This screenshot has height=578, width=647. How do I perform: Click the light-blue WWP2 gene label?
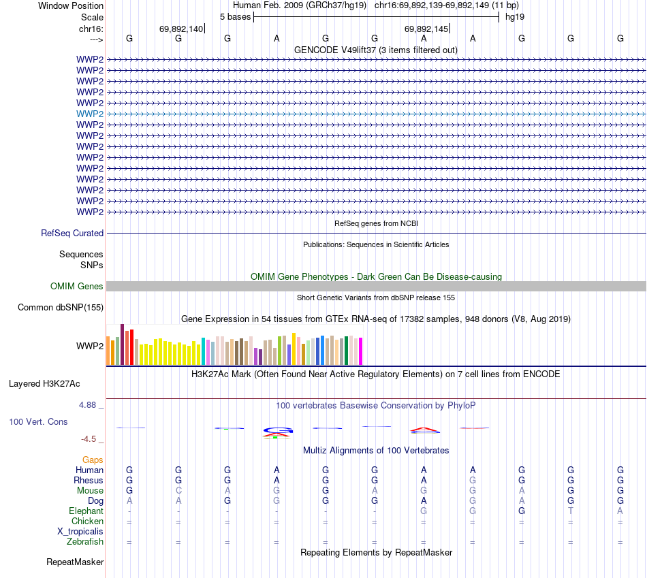pyautogui.click(x=90, y=114)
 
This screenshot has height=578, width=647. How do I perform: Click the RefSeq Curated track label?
pyautogui.click(x=72, y=233)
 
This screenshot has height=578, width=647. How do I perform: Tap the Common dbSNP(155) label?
pyautogui.click(x=61, y=308)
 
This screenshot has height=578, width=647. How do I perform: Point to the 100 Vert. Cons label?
pyautogui.click(x=38, y=422)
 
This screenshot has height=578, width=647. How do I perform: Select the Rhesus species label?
pyautogui.click(x=89, y=481)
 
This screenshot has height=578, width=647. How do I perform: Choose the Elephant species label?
pyautogui.click(x=86, y=511)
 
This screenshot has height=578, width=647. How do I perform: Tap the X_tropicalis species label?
pyautogui.click(x=80, y=532)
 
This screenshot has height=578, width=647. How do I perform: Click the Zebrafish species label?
pyautogui.click(x=85, y=542)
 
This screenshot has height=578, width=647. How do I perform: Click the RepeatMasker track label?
pyautogui.click(x=75, y=562)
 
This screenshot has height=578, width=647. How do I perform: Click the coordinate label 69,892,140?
pyautogui.click(x=181, y=29)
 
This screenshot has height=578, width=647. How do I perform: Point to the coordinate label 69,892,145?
pyautogui.click(x=426, y=29)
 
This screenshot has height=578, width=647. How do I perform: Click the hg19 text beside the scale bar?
pyautogui.click(x=514, y=16)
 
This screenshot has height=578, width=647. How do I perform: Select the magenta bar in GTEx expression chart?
pyautogui.click(x=360, y=351)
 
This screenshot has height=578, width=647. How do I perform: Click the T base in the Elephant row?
pyautogui.click(x=571, y=511)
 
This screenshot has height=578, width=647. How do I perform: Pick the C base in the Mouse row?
pyautogui.click(x=178, y=491)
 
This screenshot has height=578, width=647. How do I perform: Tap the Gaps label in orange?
pyautogui.click(x=93, y=460)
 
